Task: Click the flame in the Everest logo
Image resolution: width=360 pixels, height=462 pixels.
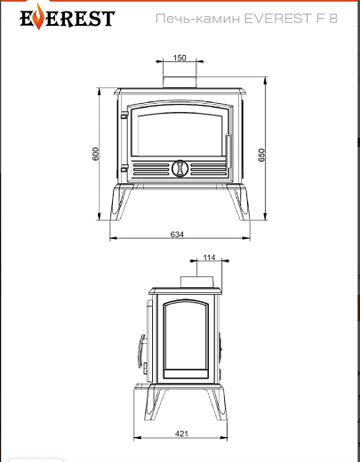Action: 39,17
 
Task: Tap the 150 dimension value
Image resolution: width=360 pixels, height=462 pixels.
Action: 180,58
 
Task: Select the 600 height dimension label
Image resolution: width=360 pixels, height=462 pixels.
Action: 95,154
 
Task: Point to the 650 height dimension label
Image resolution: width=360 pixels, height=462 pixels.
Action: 261,155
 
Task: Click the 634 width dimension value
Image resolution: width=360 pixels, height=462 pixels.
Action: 177,235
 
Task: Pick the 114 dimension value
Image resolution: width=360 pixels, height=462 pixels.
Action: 209,258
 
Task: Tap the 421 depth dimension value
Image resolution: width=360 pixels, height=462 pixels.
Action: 181,434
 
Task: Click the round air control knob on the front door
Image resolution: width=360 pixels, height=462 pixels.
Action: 180,168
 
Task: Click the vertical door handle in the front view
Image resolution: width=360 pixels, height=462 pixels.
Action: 228,151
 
